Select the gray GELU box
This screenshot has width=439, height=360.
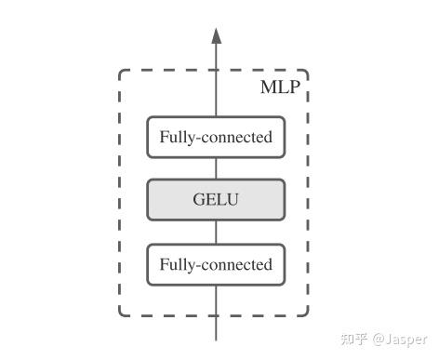[216, 199]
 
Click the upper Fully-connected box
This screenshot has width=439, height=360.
[216, 138]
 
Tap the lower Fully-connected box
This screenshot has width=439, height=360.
[216, 265]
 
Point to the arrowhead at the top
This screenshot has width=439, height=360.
[216, 36]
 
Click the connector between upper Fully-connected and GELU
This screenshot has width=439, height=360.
[216, 168]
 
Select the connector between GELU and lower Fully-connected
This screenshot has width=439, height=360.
[216, 232]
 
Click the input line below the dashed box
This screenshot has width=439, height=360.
[216, 328]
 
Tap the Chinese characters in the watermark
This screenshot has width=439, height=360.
[354, 340]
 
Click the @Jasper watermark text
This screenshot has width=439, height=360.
[399, 340]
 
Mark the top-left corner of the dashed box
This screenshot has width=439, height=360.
[121, 71]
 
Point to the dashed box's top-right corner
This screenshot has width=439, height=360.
[307, 71]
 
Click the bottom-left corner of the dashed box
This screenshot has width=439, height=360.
[121, 314]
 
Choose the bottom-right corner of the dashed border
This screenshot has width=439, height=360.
[307, 314]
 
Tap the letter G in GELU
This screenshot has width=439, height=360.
[198, 199]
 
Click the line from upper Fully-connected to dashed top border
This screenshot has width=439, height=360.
[216, 94]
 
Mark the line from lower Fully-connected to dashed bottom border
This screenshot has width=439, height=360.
[216, 300]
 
